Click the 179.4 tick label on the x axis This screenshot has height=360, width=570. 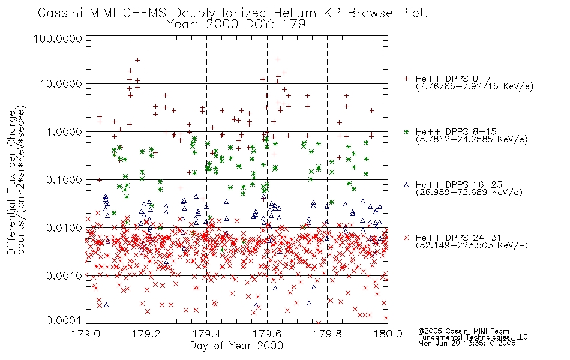206,334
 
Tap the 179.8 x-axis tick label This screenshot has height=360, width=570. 327,334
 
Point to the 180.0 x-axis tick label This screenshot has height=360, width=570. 388,334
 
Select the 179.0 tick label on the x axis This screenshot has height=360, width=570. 86,334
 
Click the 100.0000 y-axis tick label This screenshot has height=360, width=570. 58,38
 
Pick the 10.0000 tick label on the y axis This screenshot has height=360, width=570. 61,84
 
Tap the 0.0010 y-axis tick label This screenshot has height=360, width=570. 64,276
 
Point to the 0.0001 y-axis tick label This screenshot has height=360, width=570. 64,320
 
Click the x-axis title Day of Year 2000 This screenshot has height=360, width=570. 236,346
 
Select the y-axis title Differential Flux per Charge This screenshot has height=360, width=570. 11,182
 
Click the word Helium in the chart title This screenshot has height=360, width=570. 295,13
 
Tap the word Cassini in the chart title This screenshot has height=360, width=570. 61,13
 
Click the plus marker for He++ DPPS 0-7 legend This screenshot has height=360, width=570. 406,79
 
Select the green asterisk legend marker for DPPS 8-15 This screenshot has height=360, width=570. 406,131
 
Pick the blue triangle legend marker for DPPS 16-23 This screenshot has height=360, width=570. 406,185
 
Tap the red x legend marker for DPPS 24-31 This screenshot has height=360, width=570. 406,238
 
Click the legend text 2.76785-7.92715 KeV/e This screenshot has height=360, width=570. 475,86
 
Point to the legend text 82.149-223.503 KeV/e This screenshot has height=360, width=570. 472,245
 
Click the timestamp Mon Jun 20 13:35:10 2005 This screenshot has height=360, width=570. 467,343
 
